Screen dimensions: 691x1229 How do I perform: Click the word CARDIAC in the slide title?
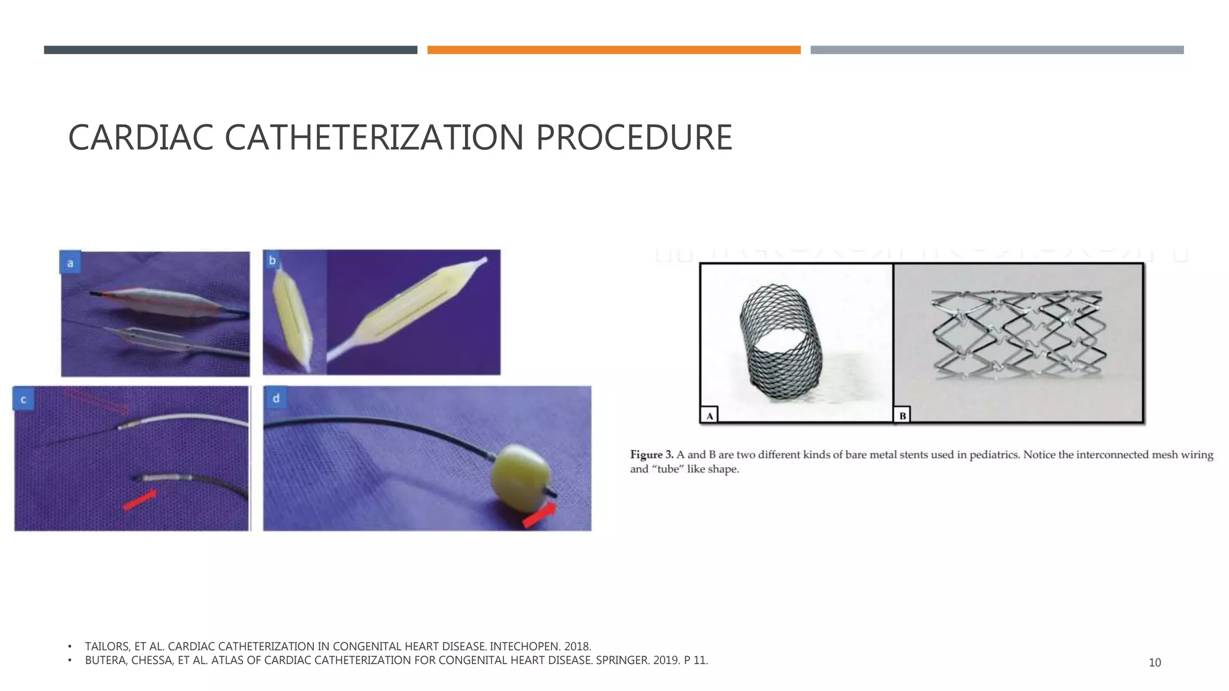tap(140, 137)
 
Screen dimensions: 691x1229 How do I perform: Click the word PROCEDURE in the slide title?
tap(634, 137)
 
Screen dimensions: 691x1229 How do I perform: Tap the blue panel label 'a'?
tap(70, 263)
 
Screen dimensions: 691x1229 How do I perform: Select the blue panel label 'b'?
tap(272, 260)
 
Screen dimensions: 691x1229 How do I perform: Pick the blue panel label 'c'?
tap(23, 399)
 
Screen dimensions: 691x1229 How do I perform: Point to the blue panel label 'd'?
tap(276, 398)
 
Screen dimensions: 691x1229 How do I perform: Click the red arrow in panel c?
tap(139, 500)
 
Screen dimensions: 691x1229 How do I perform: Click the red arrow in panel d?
tap(539, 515)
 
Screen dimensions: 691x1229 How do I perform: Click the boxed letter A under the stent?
tap(709, 415)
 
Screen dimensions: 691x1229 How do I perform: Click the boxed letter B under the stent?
tap(902, 415)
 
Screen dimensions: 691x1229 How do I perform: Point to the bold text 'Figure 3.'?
tap(652, 455)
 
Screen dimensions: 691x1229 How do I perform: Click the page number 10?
tap(1155, 662)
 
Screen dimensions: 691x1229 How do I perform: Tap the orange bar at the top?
tap(613, 50)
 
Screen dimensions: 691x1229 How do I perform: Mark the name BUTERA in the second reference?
tap(106, 660)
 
